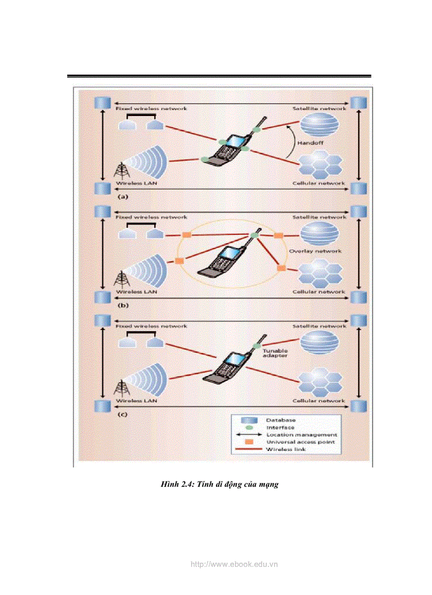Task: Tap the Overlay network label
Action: pos(316,251)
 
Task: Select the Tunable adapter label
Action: pos(275,353)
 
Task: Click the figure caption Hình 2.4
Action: pos(220,484)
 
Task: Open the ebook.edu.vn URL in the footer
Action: pos(233,564)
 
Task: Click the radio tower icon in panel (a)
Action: pos(121,171)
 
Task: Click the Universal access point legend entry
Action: pos(300,441)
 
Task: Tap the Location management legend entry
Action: pos(301,434)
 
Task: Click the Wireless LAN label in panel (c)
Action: pos(136,401)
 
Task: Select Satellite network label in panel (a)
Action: pos(319,108)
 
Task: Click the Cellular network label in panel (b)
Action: pos(319,292)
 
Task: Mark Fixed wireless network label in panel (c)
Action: pos(151,326)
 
